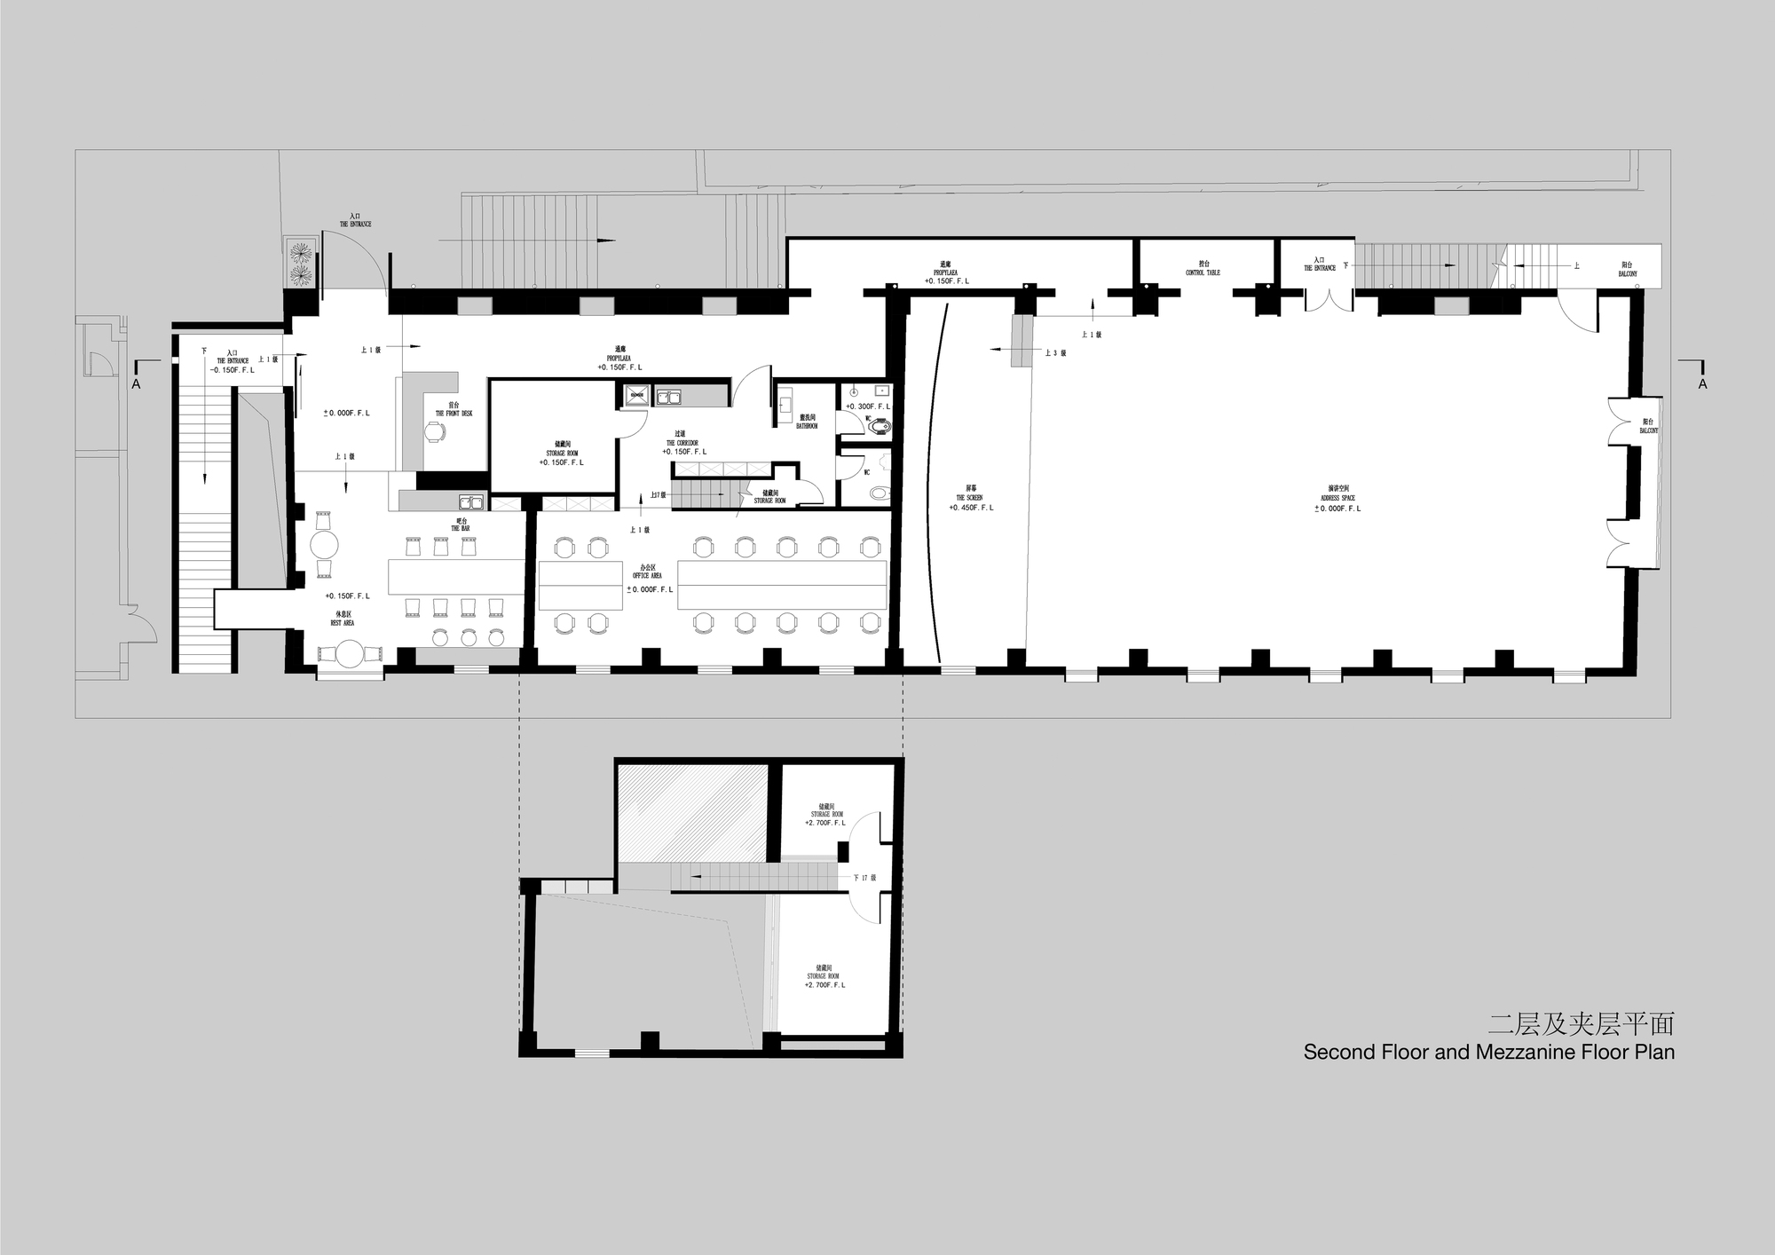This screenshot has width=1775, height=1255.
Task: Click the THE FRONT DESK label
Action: [x=454, y=414]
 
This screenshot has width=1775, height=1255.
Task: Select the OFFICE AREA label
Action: [x=647, y=575]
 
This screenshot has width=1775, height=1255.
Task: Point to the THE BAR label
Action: [x=460, y=528]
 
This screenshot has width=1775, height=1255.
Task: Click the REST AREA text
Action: [x=343, y=623]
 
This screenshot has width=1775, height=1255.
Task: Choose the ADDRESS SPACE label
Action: [x=1337, y=498]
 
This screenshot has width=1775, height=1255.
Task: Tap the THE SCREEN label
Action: [x=968, y=498]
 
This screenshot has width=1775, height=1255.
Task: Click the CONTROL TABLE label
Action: [x=1203, y=272]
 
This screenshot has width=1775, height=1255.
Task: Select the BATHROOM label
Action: [x=807, y=426]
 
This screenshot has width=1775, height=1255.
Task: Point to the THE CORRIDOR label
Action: [x=682, y=443]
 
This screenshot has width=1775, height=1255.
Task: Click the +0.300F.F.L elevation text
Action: [x=867, y=406]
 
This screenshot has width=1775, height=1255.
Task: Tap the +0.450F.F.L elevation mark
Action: [x=971, y=508]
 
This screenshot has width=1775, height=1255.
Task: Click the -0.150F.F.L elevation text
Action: [x=232, y=369]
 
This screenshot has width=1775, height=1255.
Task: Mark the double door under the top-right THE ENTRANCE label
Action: [x=1321, y=295]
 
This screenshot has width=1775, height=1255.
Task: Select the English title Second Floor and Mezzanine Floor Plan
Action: [x=1488, y=1053]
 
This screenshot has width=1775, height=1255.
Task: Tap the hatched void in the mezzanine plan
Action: [x=692, y=812]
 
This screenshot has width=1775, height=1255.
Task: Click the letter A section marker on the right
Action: [x=1702, y=383]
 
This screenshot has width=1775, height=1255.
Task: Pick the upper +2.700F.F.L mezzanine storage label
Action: [x=825, y=823]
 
